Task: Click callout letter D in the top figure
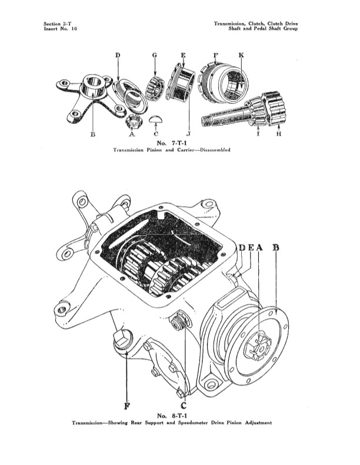tap(118, 55)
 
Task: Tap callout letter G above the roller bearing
tap(155, 55)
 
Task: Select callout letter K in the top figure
tap(241, 55)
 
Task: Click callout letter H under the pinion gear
tap(279, 134)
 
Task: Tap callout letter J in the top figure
tap(188, 134)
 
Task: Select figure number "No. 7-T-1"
tap(172, 143)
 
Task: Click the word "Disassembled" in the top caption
tap(215, 150)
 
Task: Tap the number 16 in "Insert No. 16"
tap(74, 29)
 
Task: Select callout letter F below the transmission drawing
tap(126, 406)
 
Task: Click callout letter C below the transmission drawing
tap(184, 406)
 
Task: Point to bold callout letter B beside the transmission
tap(276, 247)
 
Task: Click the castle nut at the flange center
tap(258, 346)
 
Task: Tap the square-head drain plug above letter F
tap(122, 340)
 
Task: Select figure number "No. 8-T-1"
tap(172, 416)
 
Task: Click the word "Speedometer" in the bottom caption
tap(193, 423)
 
